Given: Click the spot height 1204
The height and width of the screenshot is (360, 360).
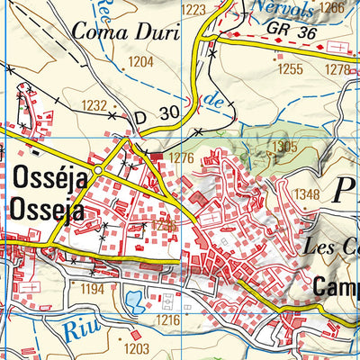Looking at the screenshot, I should [141, 62].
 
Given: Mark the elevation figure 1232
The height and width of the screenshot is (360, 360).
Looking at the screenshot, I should [94, 105].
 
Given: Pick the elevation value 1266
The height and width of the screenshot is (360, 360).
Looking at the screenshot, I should [332, 7].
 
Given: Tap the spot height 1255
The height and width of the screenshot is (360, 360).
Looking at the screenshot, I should [290, 68].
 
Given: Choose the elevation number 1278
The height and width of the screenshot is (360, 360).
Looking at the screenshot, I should [337, 68].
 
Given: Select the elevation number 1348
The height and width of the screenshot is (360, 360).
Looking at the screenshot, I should [306, 193].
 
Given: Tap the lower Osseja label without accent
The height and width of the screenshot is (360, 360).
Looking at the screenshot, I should [49, 211].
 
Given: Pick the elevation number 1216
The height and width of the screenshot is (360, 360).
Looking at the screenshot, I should [168, 319].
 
